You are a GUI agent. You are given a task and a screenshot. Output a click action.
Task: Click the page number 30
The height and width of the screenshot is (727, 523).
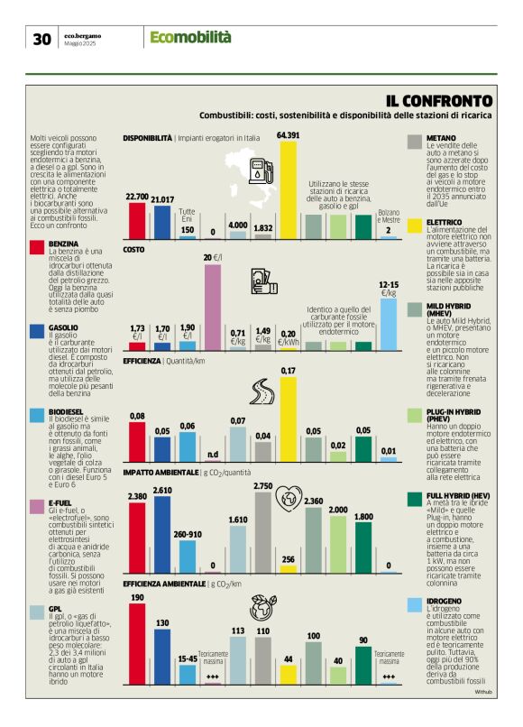(x=41, y=38)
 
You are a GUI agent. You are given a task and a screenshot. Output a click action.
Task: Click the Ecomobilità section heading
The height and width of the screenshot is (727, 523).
(x=190, y=37)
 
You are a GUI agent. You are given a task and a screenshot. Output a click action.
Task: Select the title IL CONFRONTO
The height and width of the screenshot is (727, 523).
(x=439, y=100)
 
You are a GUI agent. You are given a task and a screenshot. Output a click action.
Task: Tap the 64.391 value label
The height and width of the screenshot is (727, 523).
(x=289, y=134)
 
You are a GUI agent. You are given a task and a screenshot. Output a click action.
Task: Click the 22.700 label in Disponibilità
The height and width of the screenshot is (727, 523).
(x=137, y=196)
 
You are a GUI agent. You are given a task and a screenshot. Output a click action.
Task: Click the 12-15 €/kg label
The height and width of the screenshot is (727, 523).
(x=389, y=289)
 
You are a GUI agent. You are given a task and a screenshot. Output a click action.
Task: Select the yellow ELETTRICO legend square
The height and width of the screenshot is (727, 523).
(x=415, y=225)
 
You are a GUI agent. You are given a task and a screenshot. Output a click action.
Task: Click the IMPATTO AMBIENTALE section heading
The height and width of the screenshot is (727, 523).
(x=160, y=472)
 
